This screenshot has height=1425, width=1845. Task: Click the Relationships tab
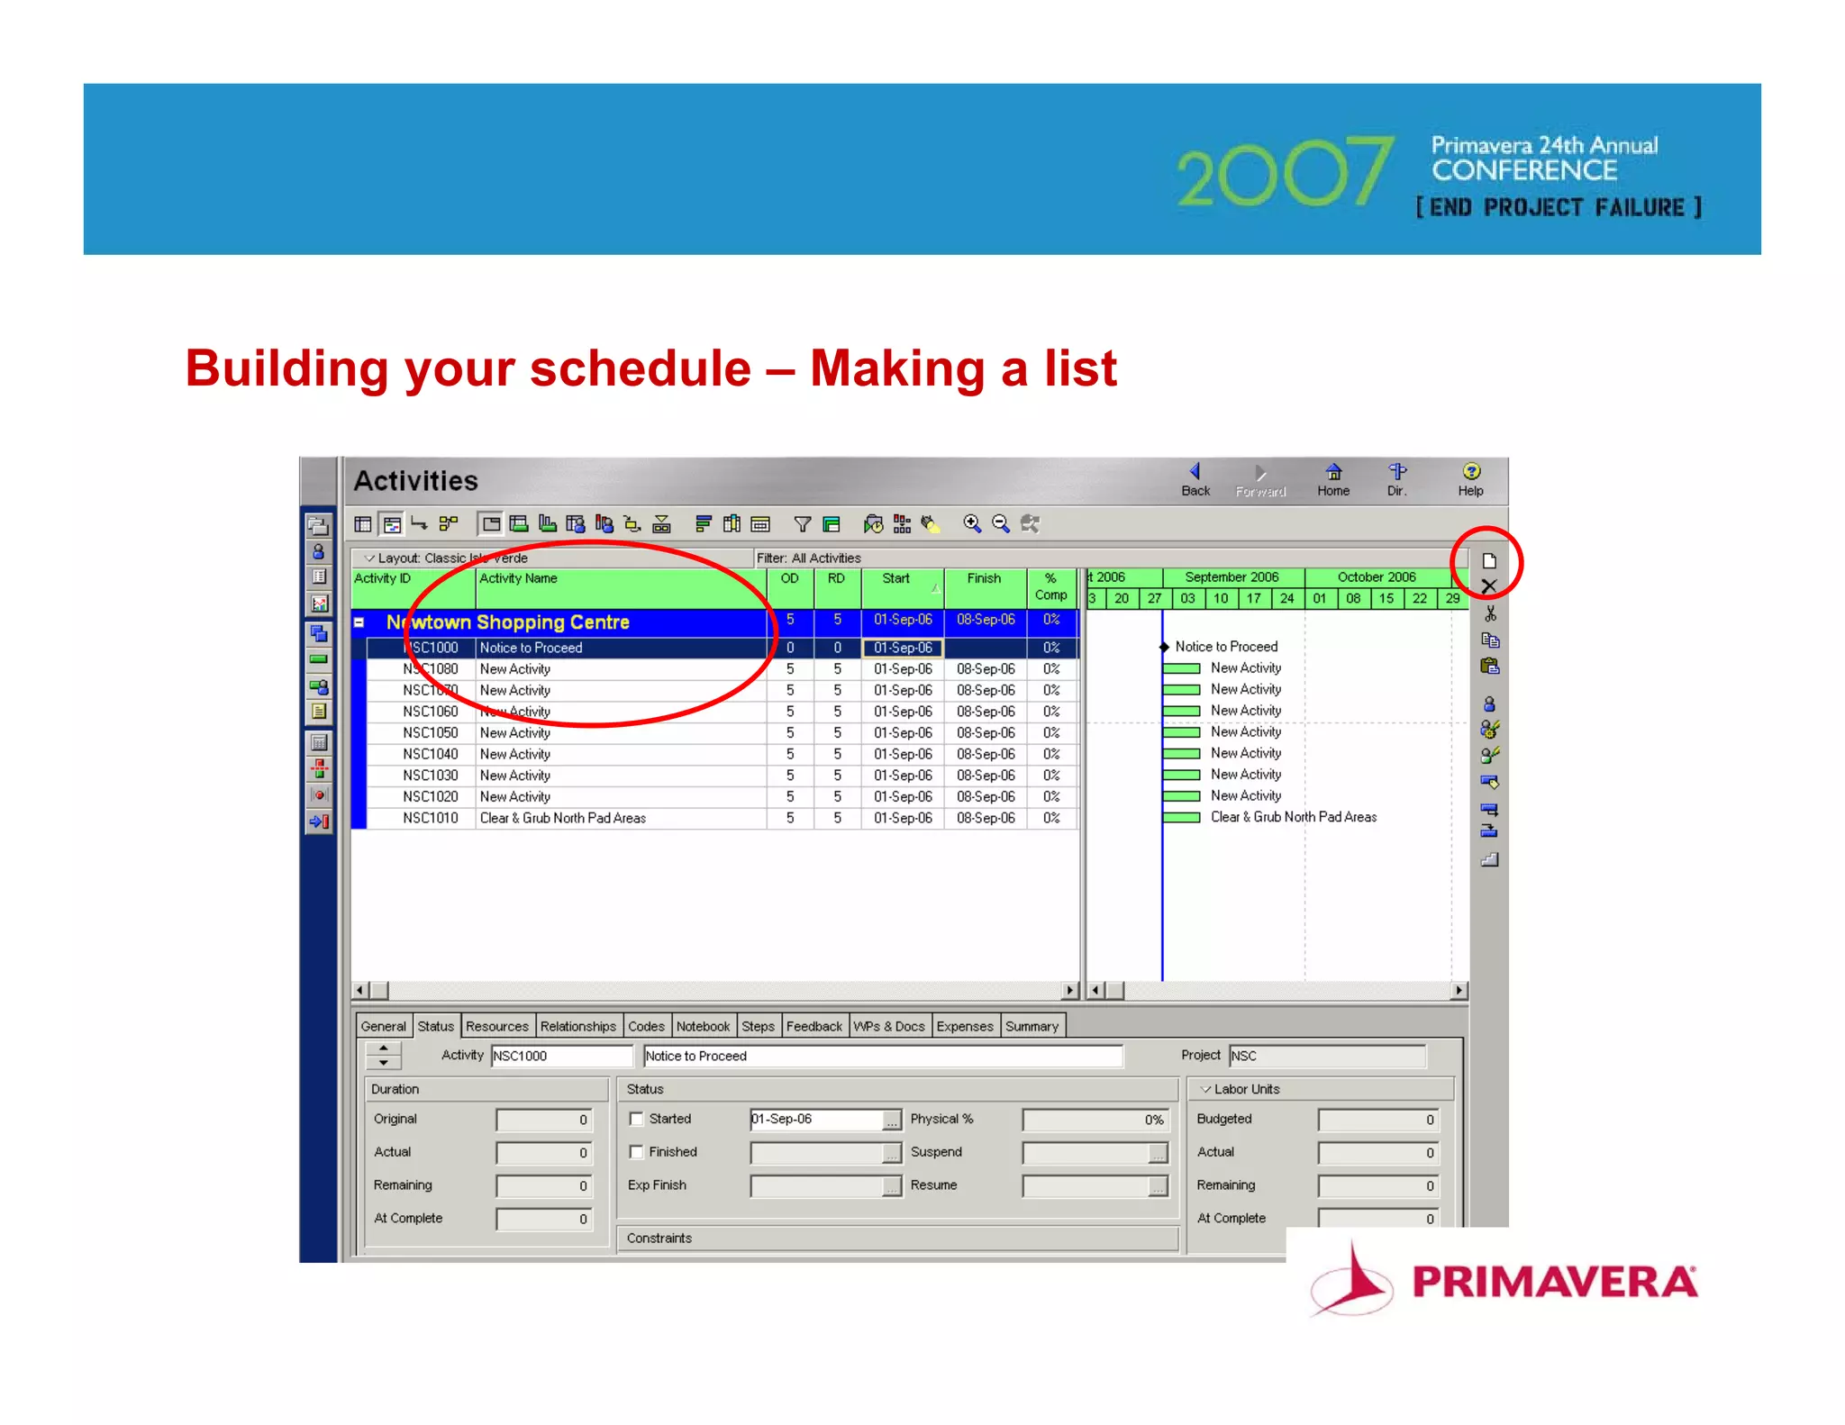click(x=577, y=1026)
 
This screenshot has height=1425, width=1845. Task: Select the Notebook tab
click(x=703, y=1026)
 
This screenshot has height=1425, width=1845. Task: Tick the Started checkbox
click(x=637, y=1119)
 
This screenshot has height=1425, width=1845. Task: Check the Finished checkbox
click(x=637, y=1152)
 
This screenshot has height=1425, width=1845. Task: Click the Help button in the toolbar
click(x=1470, y=479)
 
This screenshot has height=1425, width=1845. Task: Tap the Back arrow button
click(x=1195, y=479)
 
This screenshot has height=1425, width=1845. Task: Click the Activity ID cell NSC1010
click(x=430, y=818)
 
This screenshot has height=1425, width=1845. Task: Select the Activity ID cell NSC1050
click(x=430, y=733)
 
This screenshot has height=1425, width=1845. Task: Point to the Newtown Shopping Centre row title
click(x=507, y=622)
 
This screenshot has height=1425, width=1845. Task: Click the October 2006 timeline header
click(x=1376, y=577)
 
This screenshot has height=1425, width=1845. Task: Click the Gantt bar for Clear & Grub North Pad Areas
click(x=1181, y=818)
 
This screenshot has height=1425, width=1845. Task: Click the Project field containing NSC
click(x=1326, y=1056)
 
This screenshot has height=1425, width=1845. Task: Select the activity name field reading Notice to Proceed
click(x=881, y=1056)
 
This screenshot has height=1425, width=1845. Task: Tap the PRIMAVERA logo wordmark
click(x=1554, y=1282)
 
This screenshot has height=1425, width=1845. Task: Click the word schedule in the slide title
click(x=640, y=368)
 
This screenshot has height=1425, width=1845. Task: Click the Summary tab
click(x=1032, y=1026)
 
